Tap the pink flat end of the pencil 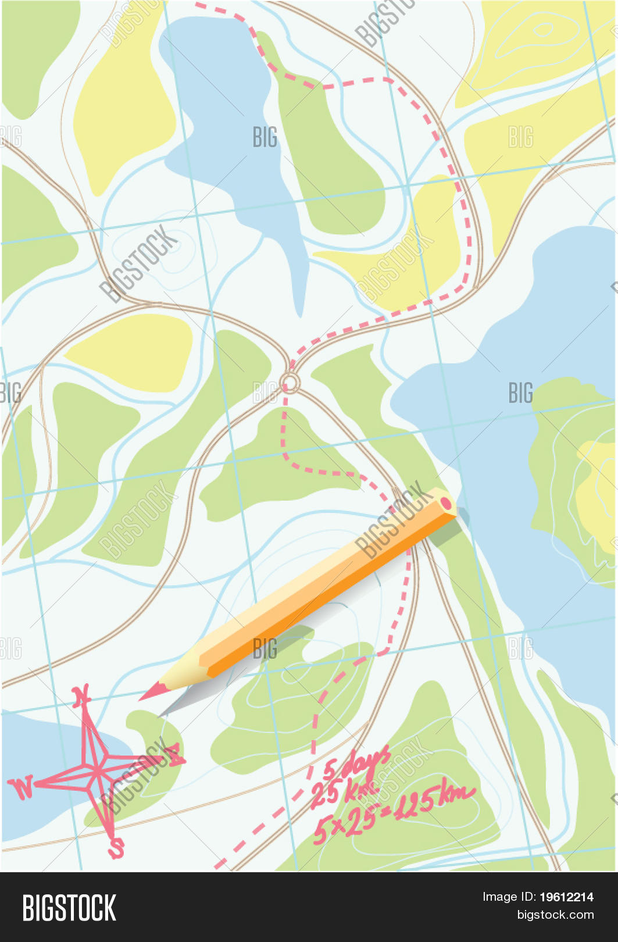pyautogui.click(x=446, y=502)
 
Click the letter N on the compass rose pyautogui.click(x=81, y=695)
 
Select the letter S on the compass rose pyautogui.click(x=116, y=848)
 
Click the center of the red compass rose pyautogui.click(x=97, y=772)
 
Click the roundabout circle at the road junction pyautogui.click(x=290, y=383)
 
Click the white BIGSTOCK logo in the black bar pyautogui.click(x=69, y=908)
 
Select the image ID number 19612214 pyautogui.click(x=566, y=897)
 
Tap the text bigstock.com pyautogui.click(x=555, y=915)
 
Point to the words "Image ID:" pyautogui.click(x=508, y=897)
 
